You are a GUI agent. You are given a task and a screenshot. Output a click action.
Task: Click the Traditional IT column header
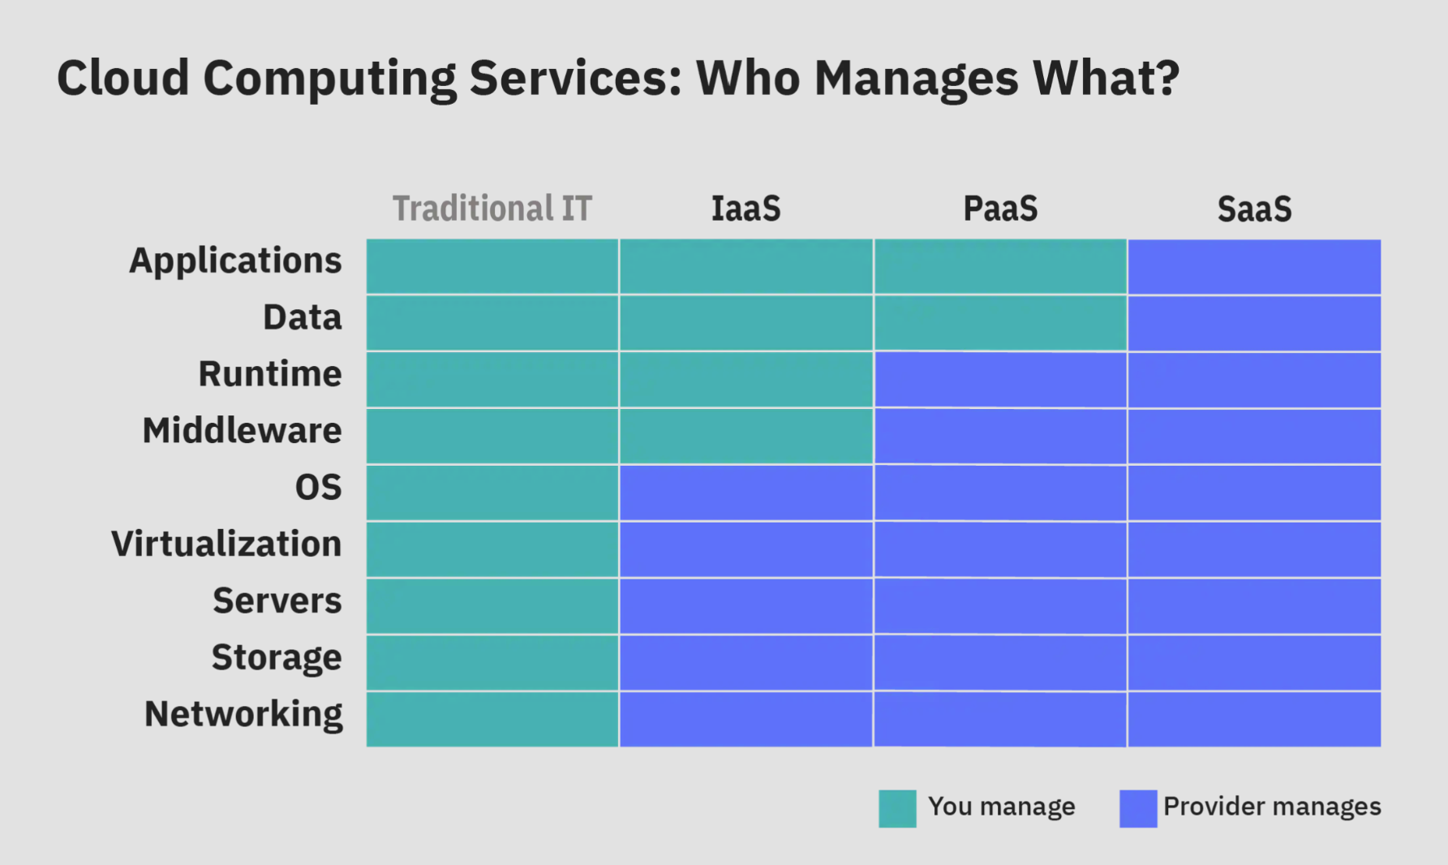click(x=492, y=209)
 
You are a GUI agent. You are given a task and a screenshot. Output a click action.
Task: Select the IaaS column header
click(x=745, y=209)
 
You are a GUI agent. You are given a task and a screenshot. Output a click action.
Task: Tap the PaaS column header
click(x=999, y=209)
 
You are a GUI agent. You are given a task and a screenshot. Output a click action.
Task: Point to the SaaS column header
click(x=1254, y=209)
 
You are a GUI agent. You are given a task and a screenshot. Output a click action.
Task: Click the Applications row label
click(x=235, y=261)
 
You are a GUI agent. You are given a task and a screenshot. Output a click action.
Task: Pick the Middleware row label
click(x=242, y=431)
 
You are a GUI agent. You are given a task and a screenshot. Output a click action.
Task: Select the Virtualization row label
click(x=226, y=544)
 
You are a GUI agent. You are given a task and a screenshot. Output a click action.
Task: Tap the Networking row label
click(x=243, y=715)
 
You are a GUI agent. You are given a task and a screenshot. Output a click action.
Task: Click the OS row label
click(x=318, y=488)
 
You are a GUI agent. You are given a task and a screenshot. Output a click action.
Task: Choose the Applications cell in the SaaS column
click(x=1254, y=266)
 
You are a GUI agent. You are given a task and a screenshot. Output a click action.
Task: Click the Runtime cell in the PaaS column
click(x=999, y=379)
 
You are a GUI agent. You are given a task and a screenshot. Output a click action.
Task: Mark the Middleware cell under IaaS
click(x=745, y=436)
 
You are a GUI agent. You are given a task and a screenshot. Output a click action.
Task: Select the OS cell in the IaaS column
click(x=745, y=493)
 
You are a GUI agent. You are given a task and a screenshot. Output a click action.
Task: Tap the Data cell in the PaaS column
click(x=999, y=323)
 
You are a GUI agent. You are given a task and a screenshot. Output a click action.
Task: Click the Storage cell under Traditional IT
click(x=492, y=662)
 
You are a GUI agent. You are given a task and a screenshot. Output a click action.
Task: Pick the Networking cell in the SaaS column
click(x=1254, y=719)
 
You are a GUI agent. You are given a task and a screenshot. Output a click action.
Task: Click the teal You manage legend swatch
click(x=897, y=808)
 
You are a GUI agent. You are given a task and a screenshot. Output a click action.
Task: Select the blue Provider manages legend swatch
click(x=1138, y=808)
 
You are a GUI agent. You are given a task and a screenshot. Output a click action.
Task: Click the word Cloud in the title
click(x=122, y=78)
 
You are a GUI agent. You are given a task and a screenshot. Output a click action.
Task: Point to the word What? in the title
click(x=1106, y=78)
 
